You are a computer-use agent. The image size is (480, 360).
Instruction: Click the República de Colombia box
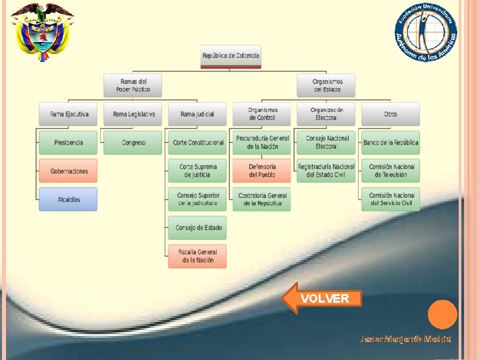(231, 56)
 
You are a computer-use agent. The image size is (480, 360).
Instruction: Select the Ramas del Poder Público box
(133, 85)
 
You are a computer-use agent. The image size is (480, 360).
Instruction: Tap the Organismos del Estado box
(326, 85)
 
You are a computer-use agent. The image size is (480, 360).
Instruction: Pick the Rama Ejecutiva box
(68, 114)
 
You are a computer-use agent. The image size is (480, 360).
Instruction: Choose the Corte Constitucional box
(197, 143)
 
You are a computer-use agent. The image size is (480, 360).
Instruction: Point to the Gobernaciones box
(68, 171)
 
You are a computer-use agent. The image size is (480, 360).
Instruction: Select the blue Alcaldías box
(68, 199)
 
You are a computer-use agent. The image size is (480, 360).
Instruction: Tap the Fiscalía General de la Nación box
(197, 256)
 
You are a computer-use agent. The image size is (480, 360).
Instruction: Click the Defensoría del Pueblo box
(262, 171)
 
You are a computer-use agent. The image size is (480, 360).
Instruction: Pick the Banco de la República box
(391, 143)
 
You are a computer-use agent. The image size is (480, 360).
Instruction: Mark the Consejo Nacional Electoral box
(326, 143)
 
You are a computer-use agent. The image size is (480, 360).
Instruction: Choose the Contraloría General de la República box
(262, 199)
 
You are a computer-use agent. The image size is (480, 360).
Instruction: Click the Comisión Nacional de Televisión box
(391, 171)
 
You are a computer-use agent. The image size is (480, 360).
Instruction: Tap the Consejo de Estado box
(197, 228)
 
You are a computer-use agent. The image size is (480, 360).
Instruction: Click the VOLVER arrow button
(323, 298)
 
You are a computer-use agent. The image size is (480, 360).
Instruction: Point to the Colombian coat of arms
(43, 31)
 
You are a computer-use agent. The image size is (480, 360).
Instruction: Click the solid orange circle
(442, 315)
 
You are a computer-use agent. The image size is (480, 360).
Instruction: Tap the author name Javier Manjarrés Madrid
(405, 339)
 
